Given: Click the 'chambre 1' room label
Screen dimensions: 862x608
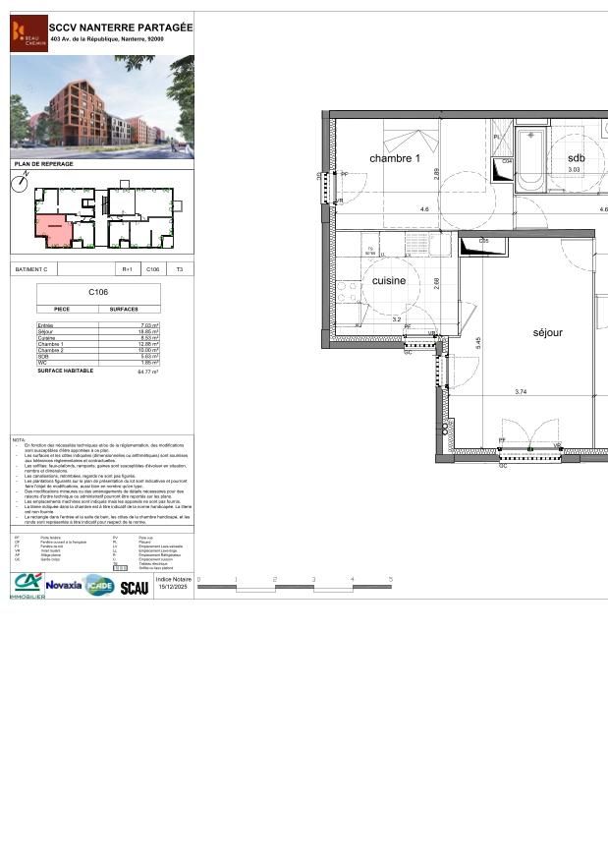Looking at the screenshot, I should point(395,158).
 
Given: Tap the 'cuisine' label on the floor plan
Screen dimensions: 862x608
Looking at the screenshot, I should point(389,281).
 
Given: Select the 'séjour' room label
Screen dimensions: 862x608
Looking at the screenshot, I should point(547,332).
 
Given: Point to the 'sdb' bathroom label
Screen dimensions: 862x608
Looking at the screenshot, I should point(576,158).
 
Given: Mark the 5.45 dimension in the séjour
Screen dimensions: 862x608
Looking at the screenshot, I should point(478,343).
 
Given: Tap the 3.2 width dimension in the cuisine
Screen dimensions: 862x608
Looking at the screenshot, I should point(397,319).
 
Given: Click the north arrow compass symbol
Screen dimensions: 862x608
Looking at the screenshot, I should point(21,183).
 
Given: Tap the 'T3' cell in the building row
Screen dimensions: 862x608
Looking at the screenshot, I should point(179,268).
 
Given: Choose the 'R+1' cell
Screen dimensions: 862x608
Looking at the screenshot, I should point(127,268).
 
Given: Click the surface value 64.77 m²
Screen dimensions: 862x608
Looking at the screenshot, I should point(148,372).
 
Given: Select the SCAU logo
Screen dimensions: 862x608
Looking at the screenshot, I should point(135,587).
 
